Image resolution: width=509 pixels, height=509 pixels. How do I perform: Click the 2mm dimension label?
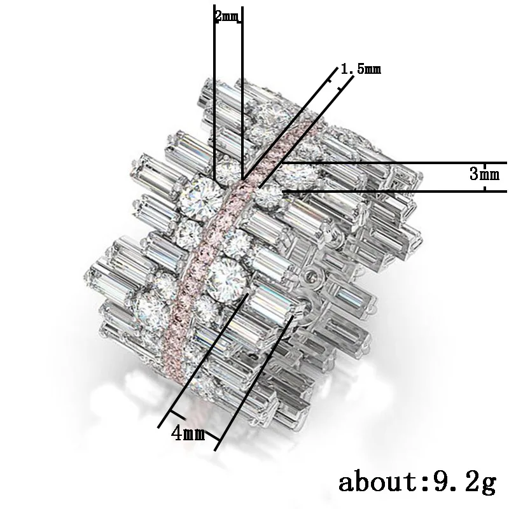pyautogui.click(x=228, y=17)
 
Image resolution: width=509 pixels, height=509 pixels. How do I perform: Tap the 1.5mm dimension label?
pyautogui.click(x=361, y=69)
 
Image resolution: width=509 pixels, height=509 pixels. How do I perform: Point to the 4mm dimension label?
pyautogui.click(x=188, y=434)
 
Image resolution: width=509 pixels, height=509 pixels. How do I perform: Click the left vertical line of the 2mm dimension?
pyautogui.click(x=214, y=95)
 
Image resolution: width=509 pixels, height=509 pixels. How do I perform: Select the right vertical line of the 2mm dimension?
pyautogui.click(x=242, y=95)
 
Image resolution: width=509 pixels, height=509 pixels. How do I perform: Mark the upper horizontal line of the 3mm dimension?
pyautogui.click(x=394, y=163)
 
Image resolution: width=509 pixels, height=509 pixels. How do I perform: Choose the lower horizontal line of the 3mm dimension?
pyautogui.click(x=394, y=191)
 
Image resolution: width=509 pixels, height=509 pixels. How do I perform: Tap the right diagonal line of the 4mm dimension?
pyautogui.click(x=254, y=382)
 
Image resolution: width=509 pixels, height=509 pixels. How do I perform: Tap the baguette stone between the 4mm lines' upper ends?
pyautogui.click(x=270, y=299)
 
